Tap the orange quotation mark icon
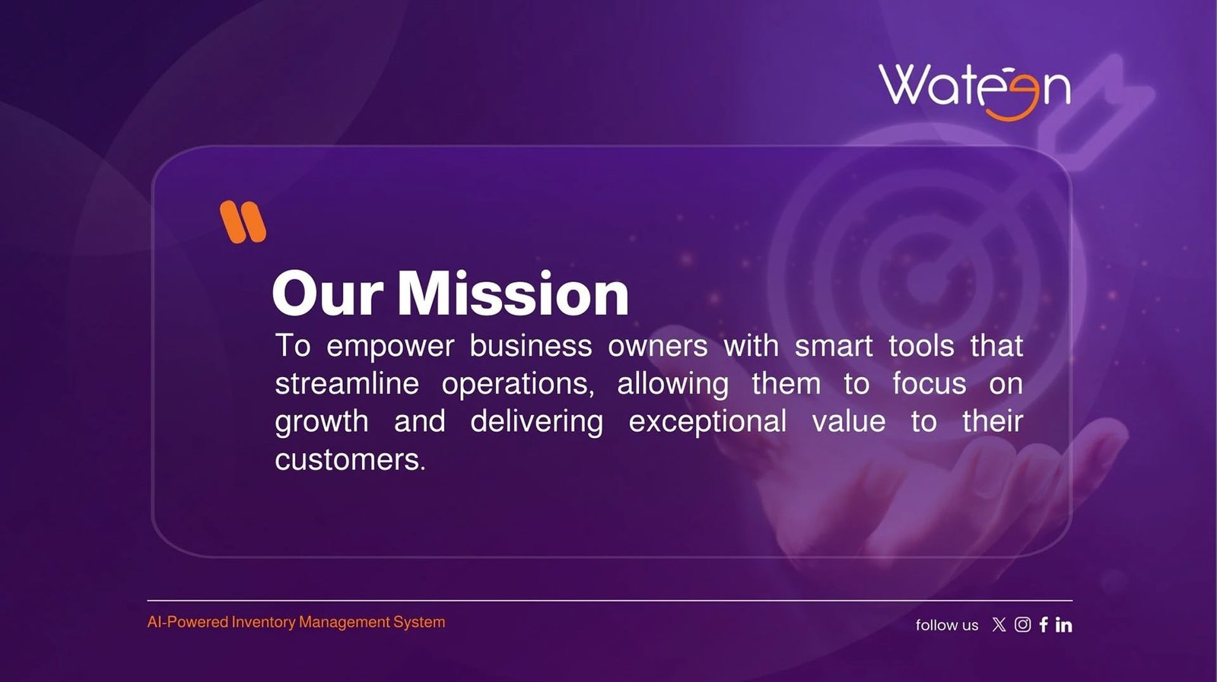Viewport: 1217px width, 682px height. pyautogui.click(x=243, y=221)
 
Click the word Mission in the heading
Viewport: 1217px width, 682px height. pyautogui.click(x=513, y=293)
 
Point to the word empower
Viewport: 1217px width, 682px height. pyautogui.click(x=390, y=347)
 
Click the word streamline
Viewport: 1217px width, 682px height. pyautogui.click(x=347, y=383)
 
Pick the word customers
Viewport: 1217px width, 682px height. pyautogui.click(x=350, y=459)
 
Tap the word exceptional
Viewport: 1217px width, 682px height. pyautogui.click(x=707, y=423)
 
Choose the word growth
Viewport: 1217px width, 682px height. pyautogui.click(x=322, y=423)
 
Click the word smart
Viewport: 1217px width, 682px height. pyautogui.click(x=834, y=346)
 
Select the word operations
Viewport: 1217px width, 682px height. pyautogui.click(x=518, y=385)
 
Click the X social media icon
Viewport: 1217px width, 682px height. pyautogui.click(x=999, y=624)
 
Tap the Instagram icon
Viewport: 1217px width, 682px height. pyautogui.click(x=1022, y=624)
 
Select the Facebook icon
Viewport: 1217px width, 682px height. pyautogui.click(x=1043, y=624)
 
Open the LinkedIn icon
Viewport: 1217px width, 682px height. pyautogui.click(x=1064, y=625)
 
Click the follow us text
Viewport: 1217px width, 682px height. pyautogui.click(x=947, y=625)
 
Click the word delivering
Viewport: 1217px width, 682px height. pyautogui.click(x=537, y=423)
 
